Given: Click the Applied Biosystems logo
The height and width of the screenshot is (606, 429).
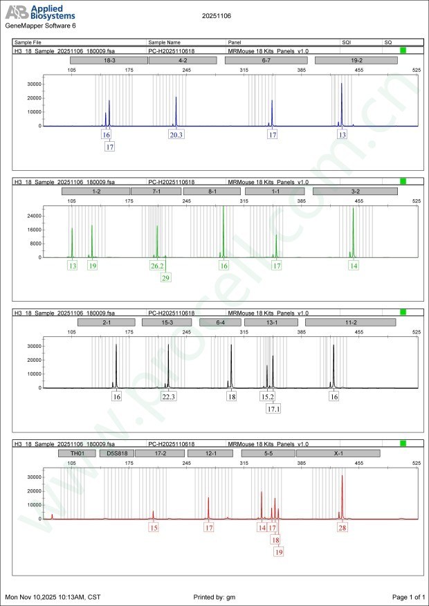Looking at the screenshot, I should (x=40, y=13).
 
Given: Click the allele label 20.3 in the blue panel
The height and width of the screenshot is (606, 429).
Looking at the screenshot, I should (x=176, y=135).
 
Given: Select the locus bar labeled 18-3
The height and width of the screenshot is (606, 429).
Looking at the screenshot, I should (x=109, y=61).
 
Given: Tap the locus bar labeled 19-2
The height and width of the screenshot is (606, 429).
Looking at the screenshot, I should (x=356, y=61).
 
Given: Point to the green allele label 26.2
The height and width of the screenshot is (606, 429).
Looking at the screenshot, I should (x=157, y=266).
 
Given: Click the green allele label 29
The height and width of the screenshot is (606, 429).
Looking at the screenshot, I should (x=165, y=277).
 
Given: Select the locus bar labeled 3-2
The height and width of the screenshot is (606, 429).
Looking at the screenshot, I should (x=355, y=191).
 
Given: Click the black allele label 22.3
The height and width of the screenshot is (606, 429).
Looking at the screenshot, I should (x=169, y=397).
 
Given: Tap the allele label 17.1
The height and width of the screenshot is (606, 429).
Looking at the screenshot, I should (x=273, y=409).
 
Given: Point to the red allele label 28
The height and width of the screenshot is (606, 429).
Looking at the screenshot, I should (x=343, y=527).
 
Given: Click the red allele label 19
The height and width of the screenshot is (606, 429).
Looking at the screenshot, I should (x=279, y=552).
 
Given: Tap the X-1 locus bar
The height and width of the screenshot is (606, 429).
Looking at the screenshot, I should (x=338, y=453).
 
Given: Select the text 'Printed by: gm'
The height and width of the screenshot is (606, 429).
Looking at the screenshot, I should (x=217, y=596).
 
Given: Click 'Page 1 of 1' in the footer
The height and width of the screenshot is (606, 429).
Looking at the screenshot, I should (x=408, y=596).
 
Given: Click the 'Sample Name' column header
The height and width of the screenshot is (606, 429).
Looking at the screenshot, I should (x=164, y=43).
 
